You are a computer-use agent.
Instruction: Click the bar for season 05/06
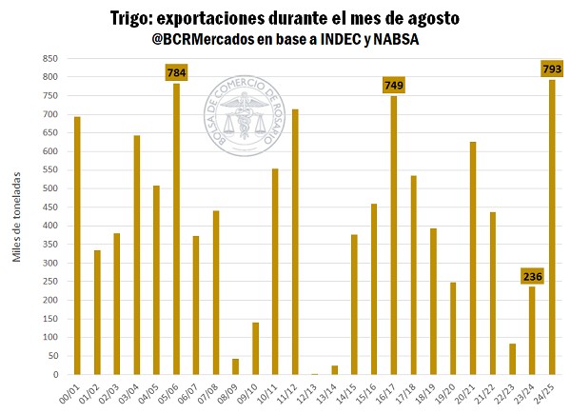[177, 228]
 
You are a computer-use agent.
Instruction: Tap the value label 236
[532, 276]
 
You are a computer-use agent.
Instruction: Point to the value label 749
[393, 86]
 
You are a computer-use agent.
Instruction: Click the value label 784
[177, 72]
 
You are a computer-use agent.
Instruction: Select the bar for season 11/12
[295, 242]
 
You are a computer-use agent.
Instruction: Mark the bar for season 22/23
[512, 359]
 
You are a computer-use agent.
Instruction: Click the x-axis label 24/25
[548, 391]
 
